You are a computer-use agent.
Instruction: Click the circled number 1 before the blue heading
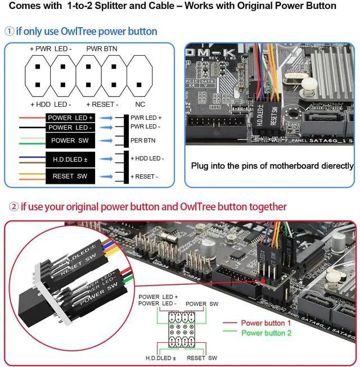click(10, 31)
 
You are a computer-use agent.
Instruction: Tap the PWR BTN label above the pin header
click(102, 49)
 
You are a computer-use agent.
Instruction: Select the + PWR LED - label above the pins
click(51, 49)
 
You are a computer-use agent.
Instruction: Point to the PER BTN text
click(143, 140)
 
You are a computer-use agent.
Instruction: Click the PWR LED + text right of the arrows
click(146, 117)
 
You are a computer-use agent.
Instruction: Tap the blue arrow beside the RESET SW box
click(106, 176)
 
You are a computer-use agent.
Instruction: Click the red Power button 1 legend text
click(266, 323)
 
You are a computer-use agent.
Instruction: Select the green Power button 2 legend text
click(266, 333)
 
